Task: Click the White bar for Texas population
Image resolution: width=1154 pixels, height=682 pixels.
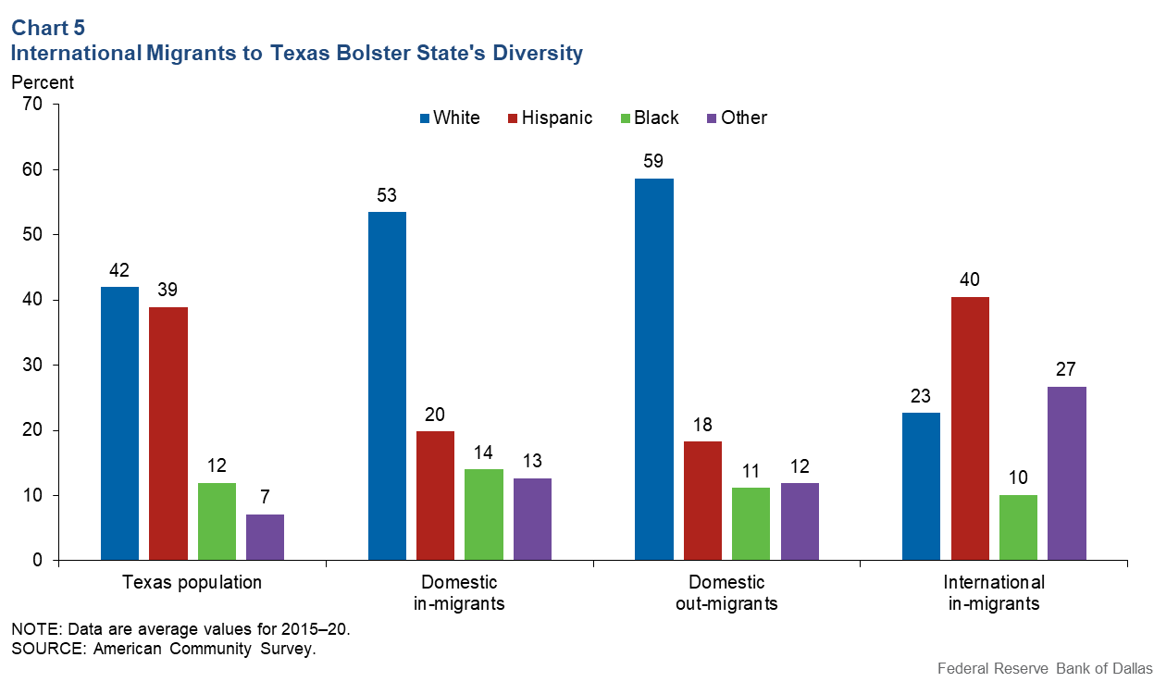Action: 119,424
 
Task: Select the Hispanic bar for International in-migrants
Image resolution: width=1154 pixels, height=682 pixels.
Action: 970,429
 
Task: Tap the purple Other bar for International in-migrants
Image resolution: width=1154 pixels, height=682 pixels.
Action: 1067,474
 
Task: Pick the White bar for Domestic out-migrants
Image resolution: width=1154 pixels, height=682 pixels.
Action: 654,369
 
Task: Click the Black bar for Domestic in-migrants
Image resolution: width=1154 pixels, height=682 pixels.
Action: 483,515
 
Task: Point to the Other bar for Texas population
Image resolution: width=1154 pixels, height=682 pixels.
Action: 265,538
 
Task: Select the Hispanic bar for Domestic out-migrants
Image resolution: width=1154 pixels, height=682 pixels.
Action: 702,501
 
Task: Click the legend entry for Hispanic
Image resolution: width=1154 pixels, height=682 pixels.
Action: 550,118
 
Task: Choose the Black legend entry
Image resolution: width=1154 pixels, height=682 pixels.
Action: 648,118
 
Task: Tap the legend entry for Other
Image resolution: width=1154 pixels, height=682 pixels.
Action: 737,118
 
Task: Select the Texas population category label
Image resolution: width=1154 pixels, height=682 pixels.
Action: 192,583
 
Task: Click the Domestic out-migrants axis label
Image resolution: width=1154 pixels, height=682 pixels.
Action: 726,593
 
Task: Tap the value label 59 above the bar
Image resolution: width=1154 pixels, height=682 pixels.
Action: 654,160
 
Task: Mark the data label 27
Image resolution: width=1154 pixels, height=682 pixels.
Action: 1067,368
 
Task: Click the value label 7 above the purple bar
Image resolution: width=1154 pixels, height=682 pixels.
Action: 265,496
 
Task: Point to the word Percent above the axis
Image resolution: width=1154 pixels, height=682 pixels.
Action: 43,81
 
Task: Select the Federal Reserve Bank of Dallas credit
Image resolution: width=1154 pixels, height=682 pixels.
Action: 1043,668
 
